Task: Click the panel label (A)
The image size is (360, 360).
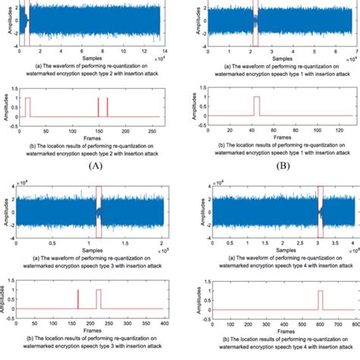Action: (x=94, y=164)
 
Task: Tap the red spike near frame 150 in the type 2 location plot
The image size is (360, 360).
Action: (x=99, y=106)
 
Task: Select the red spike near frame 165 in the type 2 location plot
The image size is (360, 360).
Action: (x=108, y=106)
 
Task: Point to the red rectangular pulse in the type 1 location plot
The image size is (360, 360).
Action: (x=256, y=106)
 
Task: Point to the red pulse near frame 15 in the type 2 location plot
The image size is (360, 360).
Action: (x=28, y=106)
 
